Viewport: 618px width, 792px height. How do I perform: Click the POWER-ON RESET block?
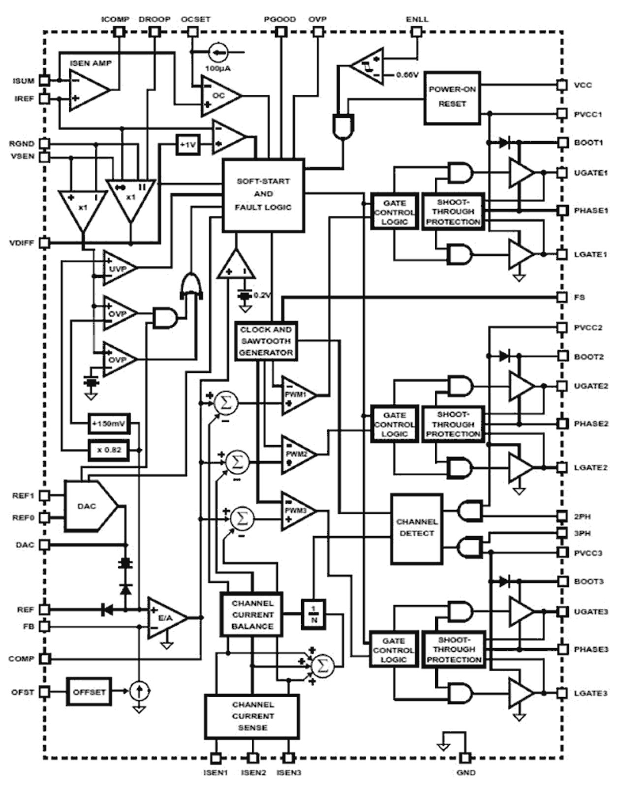[452, 97]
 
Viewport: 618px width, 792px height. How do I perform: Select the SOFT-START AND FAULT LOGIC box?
[263, 195]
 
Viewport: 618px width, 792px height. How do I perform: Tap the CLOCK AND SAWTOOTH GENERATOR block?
[266, 341]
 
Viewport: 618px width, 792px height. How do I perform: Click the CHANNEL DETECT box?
[416, 528]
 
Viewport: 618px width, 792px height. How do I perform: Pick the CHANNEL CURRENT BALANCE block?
[252, 614]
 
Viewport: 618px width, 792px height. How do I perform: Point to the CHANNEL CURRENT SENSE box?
[252, 716]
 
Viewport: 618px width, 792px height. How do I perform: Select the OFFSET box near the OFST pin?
[89, 692]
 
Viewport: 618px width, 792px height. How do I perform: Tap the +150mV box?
[109, 423]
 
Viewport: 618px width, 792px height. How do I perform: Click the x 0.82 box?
[109, 450]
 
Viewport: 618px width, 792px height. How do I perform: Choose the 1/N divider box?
[313, 614]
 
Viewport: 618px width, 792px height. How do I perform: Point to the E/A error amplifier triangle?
[165, 618]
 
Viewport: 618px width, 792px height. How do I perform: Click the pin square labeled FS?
[562, 297]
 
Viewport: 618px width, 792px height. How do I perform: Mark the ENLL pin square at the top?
[416, 32]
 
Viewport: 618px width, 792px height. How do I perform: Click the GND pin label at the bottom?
[465, 772]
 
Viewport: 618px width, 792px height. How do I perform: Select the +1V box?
[187, 145]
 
